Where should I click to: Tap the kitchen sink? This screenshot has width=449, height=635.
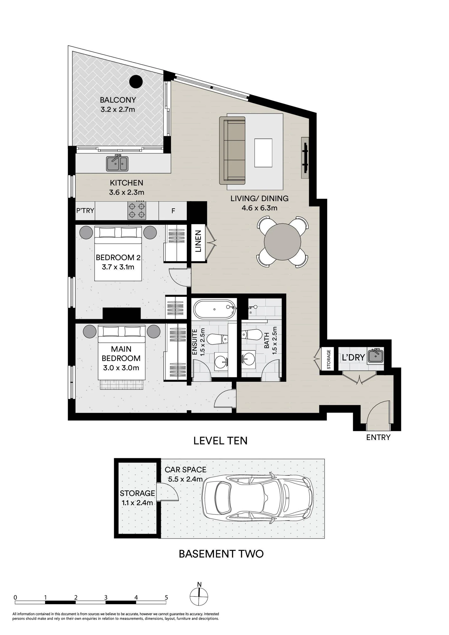tap(117, 163)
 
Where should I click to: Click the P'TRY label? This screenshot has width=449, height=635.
tap(85, 210)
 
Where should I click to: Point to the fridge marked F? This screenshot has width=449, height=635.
tap(173, 211)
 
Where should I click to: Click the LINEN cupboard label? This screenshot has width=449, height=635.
tap(198, 241)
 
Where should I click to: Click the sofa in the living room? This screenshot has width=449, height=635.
tap(232, 150)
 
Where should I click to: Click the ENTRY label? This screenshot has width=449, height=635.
tap(378, 437)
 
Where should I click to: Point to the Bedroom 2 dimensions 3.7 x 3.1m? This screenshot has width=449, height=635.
tap(118, 267)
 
